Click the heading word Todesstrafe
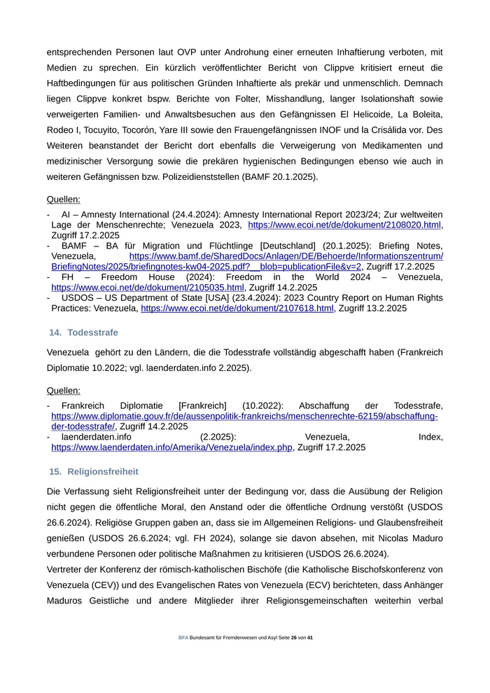coord(92,332)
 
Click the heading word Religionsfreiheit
coord(103,472)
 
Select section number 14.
coord(55,332)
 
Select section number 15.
coord(55,472)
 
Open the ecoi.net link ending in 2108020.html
coord(344,225)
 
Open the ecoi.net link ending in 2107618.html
coord(237,308)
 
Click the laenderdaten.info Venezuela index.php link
coord(171,447)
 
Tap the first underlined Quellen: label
coord(63,199)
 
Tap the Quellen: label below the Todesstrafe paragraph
coord(63,390)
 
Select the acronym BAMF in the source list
coord(75,246)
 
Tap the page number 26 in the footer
coord(294,638)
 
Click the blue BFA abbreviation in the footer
coord(183,638)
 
